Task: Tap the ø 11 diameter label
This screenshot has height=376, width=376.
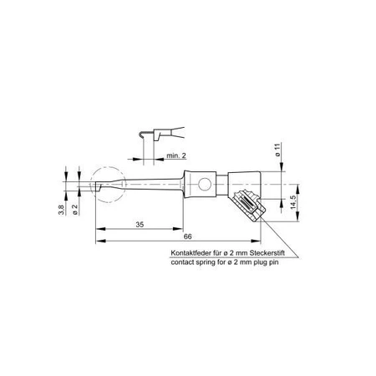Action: tap(277, 154)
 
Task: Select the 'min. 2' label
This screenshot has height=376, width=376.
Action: tap(175, 155)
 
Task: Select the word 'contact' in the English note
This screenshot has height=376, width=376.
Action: tap(180, 262)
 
